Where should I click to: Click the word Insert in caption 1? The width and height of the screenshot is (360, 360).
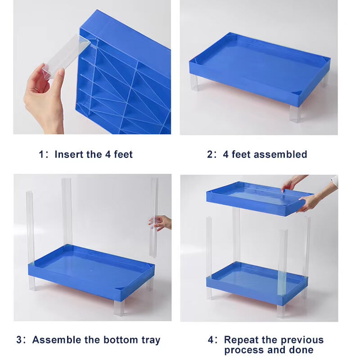click(69, 154)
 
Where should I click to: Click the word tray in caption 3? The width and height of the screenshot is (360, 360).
click(151, 340)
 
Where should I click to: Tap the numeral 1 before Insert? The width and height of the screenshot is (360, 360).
click(41, 154)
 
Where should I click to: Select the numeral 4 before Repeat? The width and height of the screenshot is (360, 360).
click(211, 340)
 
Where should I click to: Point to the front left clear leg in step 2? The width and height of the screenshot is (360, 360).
click(194, 83)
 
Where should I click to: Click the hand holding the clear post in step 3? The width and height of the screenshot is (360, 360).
click(161, 223)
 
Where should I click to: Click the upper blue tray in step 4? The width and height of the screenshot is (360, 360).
click(260, 198)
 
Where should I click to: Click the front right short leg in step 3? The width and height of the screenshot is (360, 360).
click(119, 307)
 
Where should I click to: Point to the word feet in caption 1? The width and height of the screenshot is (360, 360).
click(123, 154)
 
